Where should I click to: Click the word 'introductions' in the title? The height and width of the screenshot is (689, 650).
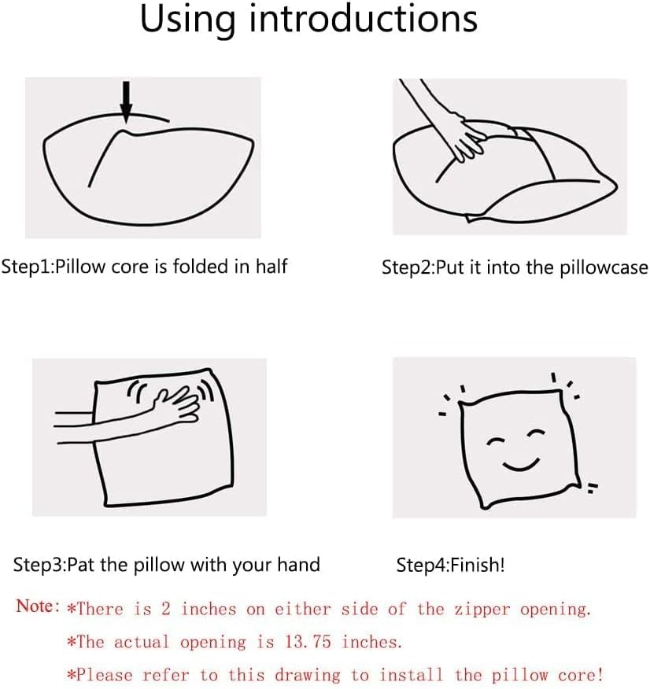click(x=364, y=19)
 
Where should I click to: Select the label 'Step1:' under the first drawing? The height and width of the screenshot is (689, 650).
click(x=28, y=267)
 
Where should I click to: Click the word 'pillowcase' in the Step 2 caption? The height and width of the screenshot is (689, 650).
click(x=604, y=268)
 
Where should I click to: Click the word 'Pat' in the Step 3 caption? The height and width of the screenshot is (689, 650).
click(x=81, y=565)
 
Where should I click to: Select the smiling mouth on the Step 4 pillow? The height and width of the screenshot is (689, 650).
click(x=521, y=465)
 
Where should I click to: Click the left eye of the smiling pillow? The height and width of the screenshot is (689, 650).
click(x=497, y=441)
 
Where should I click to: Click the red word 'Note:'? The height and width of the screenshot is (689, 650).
click(x=38, y=606)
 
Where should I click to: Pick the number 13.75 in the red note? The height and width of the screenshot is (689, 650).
click(x=308, y=642)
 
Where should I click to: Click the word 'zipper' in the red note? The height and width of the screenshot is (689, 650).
click(x=482, y=610)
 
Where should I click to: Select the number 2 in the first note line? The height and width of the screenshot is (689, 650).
click(x=166, y=609)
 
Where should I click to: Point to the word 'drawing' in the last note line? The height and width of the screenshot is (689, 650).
click(x=308, y=676)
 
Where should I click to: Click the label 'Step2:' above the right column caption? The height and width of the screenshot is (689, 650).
click(x=408, y=268)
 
